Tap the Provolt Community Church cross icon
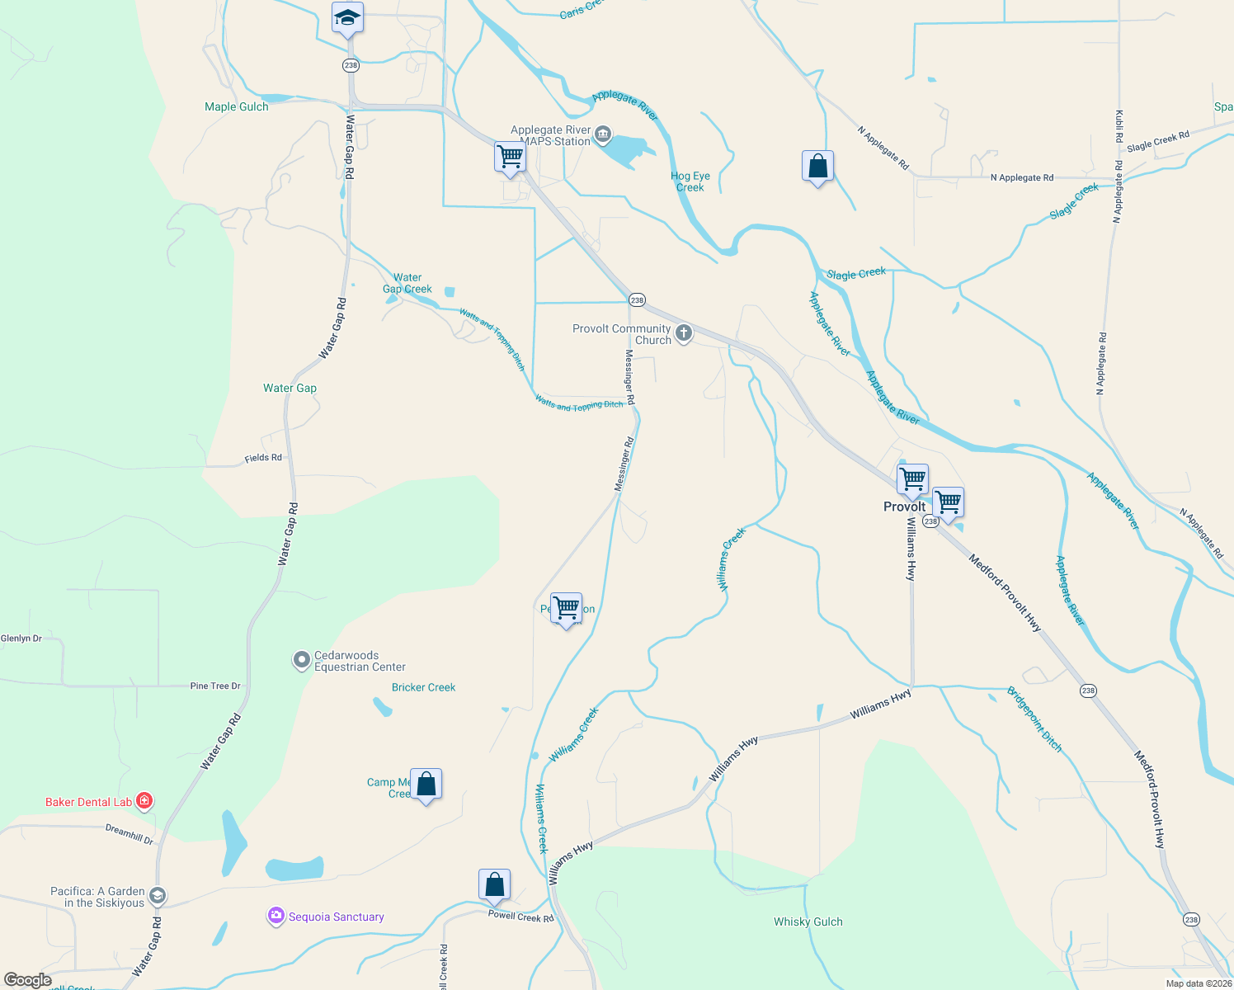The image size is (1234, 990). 683,333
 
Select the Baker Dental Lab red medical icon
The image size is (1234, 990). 144,800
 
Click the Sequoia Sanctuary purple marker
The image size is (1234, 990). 276,916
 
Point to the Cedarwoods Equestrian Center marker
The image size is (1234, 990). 302,661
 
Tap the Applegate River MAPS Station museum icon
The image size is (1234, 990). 603,134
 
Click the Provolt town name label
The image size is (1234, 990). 904,507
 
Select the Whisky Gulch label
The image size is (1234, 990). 808,922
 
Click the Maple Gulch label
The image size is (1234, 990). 237,106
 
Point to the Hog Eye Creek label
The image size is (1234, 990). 690,181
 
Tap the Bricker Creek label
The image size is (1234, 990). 423,687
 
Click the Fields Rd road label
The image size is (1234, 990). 263,458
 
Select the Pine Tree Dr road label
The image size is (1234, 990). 215,686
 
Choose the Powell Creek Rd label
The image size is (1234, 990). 520,917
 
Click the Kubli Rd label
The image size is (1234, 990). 1119,125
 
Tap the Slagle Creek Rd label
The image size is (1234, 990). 1158,141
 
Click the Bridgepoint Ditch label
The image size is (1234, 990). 1034,719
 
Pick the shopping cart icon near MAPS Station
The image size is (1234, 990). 511,157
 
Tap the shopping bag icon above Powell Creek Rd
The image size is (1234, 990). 494,884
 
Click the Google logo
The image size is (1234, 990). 28,980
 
